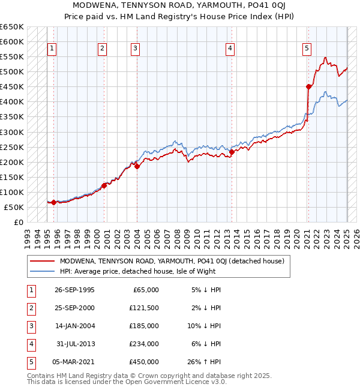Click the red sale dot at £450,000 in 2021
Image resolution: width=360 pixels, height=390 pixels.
[x=309, y=87]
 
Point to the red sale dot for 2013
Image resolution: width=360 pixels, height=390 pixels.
[x=232, y=152]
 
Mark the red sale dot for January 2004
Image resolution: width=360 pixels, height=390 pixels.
[x=137, y=166]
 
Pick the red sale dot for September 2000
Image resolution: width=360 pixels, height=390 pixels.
[x=104, y=185]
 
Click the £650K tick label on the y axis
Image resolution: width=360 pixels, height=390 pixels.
[x=12, y=27]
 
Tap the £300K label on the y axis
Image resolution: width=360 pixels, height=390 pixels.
[x=12, y=132]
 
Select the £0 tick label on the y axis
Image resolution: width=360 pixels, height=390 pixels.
[x=19, y=222]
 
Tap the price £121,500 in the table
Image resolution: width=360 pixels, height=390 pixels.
[x=144, y=308]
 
